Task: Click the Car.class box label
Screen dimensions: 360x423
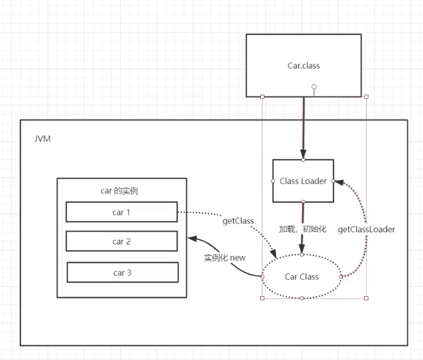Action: click(x=303, y=66)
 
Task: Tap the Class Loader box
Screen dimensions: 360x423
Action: click(x=303, y=181)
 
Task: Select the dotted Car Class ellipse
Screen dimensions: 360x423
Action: click(x=302, y=276)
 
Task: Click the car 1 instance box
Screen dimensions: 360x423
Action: click(x=121, y=212)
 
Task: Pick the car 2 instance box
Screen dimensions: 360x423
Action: click(x=121, y=242)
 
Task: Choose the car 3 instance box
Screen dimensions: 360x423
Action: click(x=122, y=272)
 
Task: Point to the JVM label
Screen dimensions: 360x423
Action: click(x=42, y=139)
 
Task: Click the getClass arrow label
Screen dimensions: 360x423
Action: click(x=238, y=221)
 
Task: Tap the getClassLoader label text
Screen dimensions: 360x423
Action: click(x=366, y=229)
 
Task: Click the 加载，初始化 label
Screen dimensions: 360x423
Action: click(x=303, y=229)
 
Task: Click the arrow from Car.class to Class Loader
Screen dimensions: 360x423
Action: click(x=303, y=128)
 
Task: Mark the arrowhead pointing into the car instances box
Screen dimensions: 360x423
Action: click(x=190, y=238)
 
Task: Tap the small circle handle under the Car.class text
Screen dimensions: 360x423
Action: click(x=314, y=88)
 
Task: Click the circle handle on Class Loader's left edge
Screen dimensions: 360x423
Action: click(x=273, y=181)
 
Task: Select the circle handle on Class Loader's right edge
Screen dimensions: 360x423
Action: click(x=334, y=181)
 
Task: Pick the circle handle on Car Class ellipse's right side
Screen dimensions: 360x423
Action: click(x=341, y=276)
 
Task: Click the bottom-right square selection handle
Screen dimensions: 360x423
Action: click(x=366, y=298)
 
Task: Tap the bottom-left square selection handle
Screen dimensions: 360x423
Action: click(x=263, y=298)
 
